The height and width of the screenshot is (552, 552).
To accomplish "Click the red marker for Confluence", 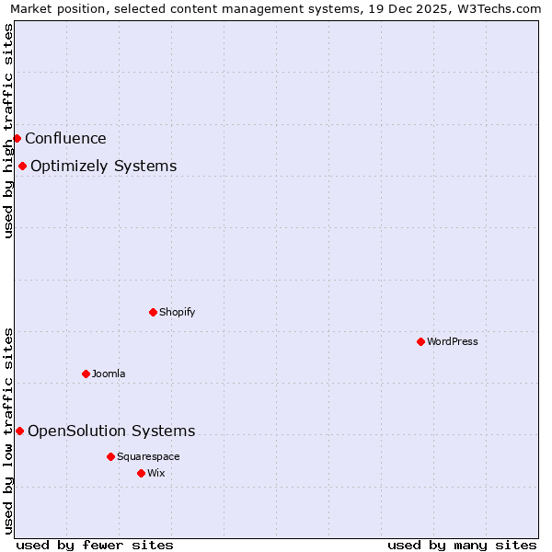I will (17, 139).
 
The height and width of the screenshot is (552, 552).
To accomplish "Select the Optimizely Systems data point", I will (22, 167).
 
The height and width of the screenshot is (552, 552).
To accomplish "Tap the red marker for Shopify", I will (153, 312).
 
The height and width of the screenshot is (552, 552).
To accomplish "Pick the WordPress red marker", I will (420, 341).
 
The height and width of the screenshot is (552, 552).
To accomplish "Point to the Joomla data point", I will (86, 374).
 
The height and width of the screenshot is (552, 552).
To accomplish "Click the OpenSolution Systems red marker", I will (19, 431).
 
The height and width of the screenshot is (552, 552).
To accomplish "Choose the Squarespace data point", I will (110, 456).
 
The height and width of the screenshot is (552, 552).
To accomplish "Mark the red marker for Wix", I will (141, 473).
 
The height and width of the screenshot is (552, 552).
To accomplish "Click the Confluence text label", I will (65, 139).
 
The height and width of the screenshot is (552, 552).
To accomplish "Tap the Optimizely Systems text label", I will (103, 167).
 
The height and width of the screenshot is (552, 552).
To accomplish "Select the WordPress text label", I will (452, 341).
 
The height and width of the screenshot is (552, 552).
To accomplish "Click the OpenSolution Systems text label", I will (111, 431).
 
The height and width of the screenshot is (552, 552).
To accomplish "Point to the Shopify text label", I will (177, 312).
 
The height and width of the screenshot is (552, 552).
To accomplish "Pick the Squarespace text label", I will (148, 456).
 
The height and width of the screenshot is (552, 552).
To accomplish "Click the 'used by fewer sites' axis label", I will (95, 545).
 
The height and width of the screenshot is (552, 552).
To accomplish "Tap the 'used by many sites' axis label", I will (462, 545).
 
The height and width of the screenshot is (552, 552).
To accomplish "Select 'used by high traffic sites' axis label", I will (8, 131).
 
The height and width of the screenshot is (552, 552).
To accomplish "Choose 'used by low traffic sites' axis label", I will (8, 431).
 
